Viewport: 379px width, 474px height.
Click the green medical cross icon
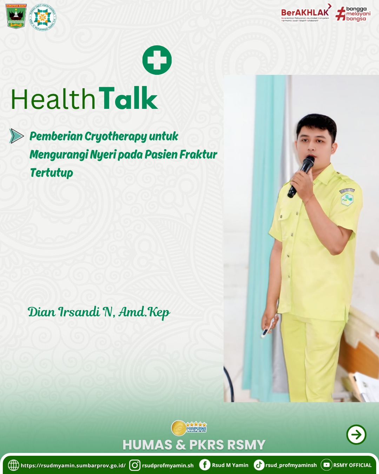(x=157, y=60)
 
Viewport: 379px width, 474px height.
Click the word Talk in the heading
(x=128, y=99)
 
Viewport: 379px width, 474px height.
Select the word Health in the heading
(x=53, y=99)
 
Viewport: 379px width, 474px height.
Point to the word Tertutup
(x=52, y=173)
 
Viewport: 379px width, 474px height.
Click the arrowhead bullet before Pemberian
(x=16, y=136)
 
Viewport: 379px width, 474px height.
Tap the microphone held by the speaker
(x=301, y=176)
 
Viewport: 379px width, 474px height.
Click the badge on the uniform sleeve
(x=347, y=199)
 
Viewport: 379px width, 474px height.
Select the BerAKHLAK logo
(x=305, y=13)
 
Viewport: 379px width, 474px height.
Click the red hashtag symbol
(x=340, y=14)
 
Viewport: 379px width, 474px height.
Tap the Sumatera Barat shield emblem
(x=16, y=16)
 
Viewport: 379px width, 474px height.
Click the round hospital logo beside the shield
(x=42, y=17)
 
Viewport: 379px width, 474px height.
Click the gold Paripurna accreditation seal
(x=179, y=428)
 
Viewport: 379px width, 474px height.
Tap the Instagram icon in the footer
(x=135, y=465)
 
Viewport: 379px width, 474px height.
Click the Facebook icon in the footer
(x=205, y=465)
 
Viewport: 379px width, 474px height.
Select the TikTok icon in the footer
(x=259, y=465)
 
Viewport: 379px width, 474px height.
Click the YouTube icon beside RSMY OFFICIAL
(x=326, y=465)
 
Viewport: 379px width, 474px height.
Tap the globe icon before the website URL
(x=13, y=465)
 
